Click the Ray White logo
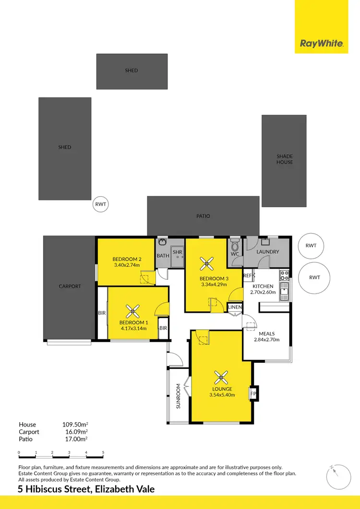(322, 44)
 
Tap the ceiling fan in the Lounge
(221, 377)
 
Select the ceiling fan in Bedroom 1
(132, 311)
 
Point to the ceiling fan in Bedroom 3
(207, 262)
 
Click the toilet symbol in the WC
(235, 245)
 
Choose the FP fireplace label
(253, 394)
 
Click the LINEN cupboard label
(235, 307)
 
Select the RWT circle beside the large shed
(100, 204)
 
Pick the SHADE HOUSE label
(284, 159)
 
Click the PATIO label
(204, 216)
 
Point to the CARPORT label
(70, 286)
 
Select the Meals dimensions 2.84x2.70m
(266, 340)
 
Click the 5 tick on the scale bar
(103, 452)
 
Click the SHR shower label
(177, 252)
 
